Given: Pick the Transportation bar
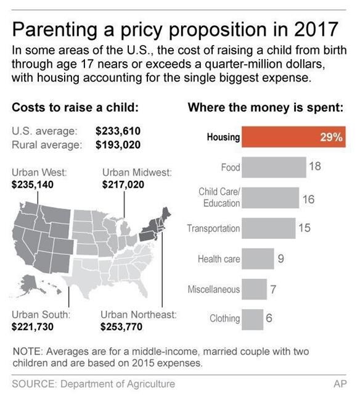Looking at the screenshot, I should pyautogui.click(x=268, y=228).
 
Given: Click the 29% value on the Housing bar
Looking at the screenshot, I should pyautogui.click(x=331, y=137).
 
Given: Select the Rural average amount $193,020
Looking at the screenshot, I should pyautogui.click(x=118, y=145).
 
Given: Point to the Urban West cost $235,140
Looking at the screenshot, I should pyautogui.click(x=33, y=184).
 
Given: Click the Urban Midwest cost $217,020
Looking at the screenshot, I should pyautogui.click(x=123, y=184).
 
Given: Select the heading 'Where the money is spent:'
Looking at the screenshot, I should pyautogui.click(x=265, y=107).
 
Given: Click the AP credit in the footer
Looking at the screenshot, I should pyautogui.click(x=340, y=384).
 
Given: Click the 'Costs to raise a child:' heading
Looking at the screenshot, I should pyautogui.click(x=74, y=107).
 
